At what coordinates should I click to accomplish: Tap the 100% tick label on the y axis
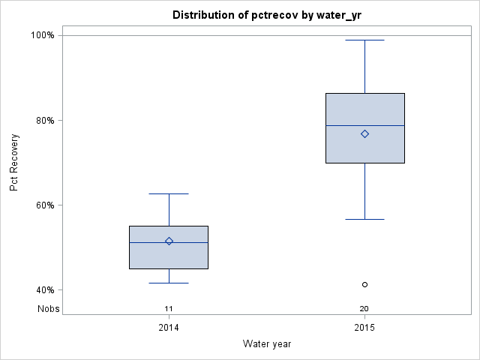tap(42, 35)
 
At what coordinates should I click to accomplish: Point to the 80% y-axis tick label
tap(43, 120)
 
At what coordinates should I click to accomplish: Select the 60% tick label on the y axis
tap(43, 205)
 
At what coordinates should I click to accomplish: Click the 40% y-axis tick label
tap(43, 290)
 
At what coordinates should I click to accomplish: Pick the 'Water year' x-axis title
tap(266, 343)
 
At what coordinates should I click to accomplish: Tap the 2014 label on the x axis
tap(169, 328)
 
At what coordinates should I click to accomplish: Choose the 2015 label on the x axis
tap(364, 328)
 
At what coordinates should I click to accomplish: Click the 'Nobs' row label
tap(48, 308)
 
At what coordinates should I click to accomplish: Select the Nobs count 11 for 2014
tap(169, 308)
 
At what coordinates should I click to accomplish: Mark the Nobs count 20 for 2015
tap(364, 308)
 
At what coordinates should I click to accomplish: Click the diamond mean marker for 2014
tap(169, 241)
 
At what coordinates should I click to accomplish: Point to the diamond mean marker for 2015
tap(364, 133)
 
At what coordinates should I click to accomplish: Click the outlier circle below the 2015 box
tap(364, 284)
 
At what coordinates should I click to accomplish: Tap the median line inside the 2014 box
tap(150, 242)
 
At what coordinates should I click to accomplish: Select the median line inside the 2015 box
tap(345, 125)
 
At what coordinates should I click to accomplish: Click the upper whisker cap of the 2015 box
tap(364, 40)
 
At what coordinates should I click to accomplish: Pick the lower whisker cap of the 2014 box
tap(169, 283)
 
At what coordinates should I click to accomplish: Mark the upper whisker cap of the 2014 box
tap(169, 193)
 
